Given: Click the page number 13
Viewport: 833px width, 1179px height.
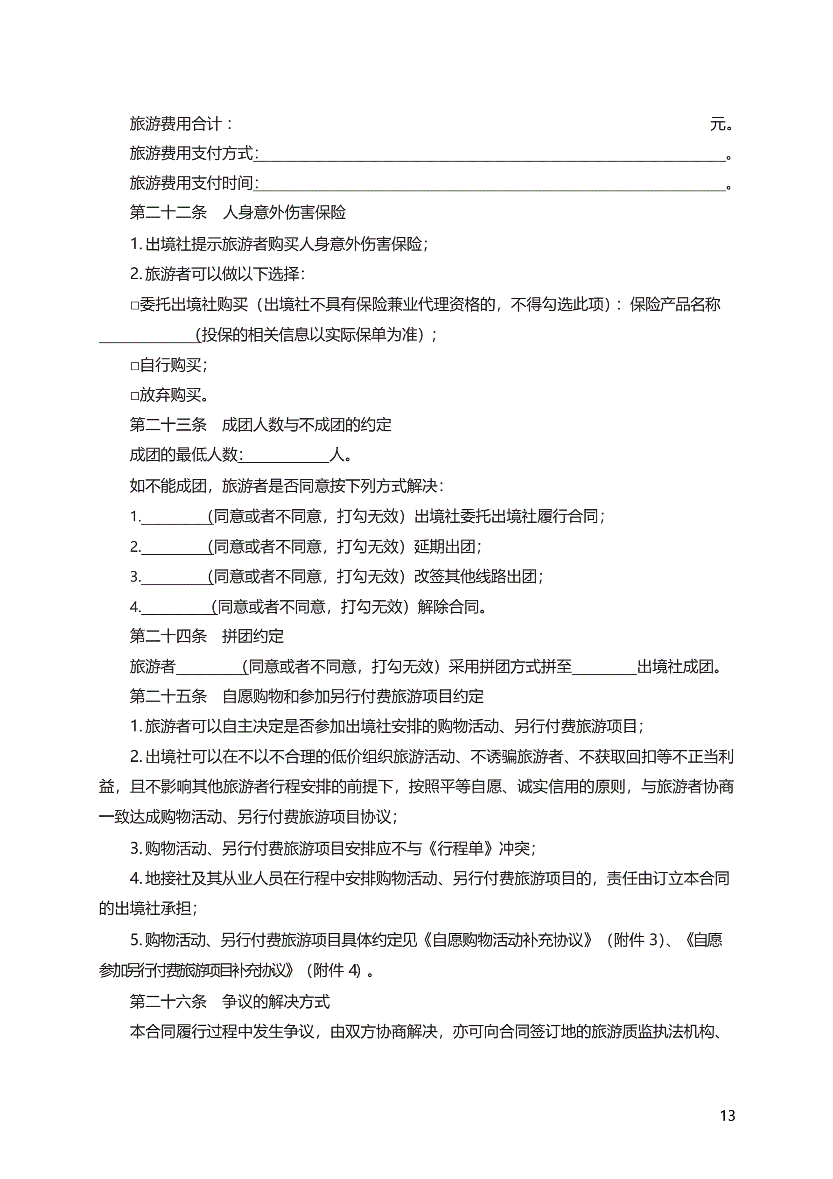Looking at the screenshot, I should pos(727,1116).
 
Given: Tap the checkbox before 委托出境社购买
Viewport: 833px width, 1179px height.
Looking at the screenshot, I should pos(134,306).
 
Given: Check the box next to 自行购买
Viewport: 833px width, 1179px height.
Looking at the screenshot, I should pos(134,366).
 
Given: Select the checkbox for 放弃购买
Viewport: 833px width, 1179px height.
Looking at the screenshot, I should pos(134,396).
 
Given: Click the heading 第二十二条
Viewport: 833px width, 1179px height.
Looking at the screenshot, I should pos(168,212).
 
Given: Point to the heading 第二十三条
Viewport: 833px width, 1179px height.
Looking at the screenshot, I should pos(168,425).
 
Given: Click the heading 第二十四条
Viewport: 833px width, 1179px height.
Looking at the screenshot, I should pos(168,637).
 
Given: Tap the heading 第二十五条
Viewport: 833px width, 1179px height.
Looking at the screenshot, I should pos(168,697).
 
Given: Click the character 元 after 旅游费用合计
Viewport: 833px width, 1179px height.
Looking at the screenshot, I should pos(718,124).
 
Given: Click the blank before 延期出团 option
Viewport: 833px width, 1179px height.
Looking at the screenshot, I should pos(175,548).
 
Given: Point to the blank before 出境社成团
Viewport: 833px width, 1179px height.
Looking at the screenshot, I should pos(604,668).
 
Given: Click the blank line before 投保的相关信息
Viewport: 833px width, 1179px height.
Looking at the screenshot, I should pos(147,337).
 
